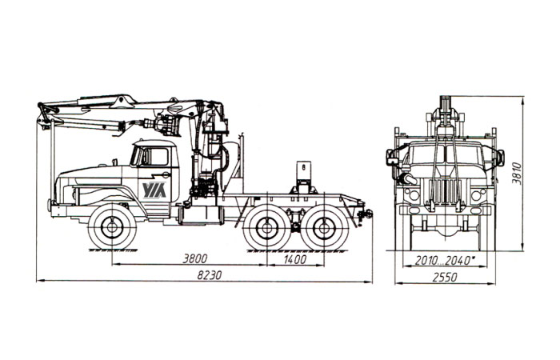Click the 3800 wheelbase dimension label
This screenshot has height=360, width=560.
point(194,258)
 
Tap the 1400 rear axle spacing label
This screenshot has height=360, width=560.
point(295,259)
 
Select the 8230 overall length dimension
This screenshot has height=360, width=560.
point(210,275)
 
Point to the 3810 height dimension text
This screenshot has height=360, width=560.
point(517,173)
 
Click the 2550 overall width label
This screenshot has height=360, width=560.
point(445,277)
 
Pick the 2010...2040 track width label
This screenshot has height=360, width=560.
point(445,261)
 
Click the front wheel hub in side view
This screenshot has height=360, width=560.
point(112,226)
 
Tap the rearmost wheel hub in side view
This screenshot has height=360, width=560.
point(324,227)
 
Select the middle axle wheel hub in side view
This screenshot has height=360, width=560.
point(266,227)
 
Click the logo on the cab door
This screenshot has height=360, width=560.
point(154,190)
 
